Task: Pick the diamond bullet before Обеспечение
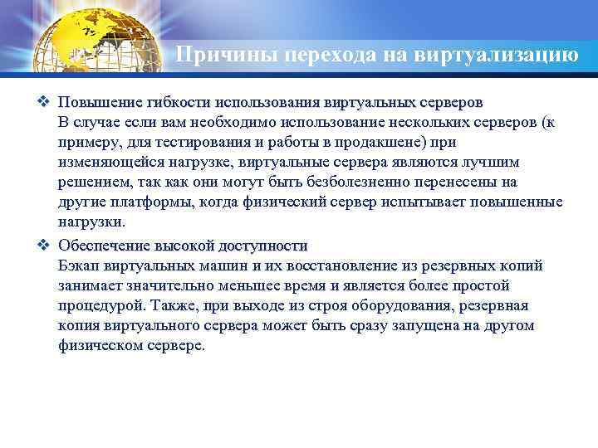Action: (x=44, y=246)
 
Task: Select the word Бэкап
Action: (x=79, y=265)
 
